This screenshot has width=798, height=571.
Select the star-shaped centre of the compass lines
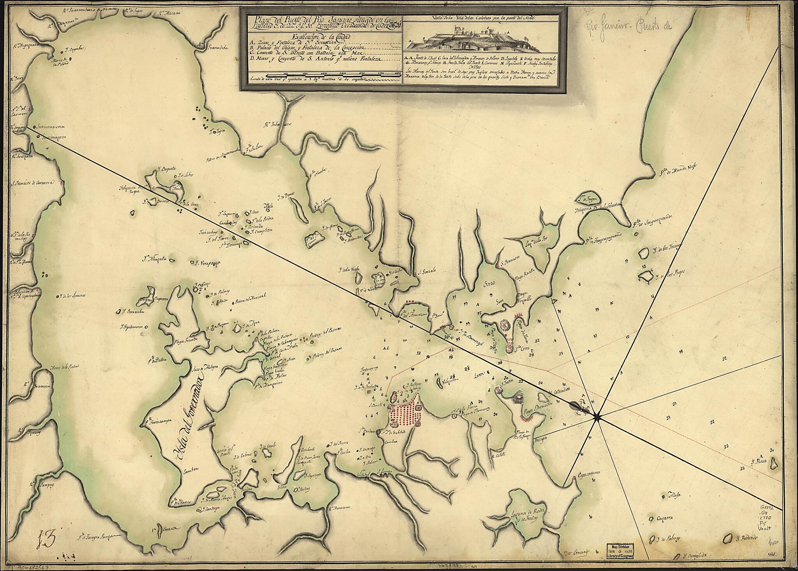[x=597, y=417]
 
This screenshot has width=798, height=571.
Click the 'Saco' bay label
[x=489, y=283]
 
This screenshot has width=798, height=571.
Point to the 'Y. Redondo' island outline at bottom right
[x=727, y=539]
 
